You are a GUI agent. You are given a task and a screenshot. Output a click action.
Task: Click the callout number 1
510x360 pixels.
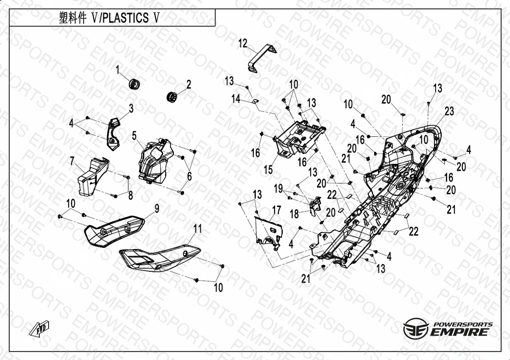(118, 70)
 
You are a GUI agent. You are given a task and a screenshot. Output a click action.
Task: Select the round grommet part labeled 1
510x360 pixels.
(134, 84)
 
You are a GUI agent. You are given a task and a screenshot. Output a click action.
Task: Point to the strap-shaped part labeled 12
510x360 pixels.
(262, 59)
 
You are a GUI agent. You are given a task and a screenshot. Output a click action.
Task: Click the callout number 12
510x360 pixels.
(243, 44)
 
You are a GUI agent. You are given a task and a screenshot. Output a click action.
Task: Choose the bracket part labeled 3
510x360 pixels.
(113, 134)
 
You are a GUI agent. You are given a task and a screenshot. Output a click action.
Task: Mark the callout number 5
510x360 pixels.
(134, 136)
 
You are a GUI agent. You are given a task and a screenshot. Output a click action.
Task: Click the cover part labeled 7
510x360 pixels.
(93, 177)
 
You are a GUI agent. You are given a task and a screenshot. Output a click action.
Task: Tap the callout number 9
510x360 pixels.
(157, 209)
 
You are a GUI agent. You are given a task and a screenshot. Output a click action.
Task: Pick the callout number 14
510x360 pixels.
(236, 99)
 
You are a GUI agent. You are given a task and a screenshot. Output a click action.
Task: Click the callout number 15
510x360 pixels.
(268, 170)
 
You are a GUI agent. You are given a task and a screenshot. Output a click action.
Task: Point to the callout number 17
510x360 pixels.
(277, 210)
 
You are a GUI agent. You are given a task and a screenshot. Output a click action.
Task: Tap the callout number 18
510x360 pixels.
(294, 214)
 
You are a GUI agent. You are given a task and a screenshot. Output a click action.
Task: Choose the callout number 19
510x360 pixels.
(278, 188)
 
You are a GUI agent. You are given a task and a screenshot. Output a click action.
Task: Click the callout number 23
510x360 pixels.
(449, 111)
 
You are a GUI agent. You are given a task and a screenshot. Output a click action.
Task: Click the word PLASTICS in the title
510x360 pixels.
(125, 18)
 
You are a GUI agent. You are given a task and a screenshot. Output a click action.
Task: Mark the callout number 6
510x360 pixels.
(189, 176)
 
